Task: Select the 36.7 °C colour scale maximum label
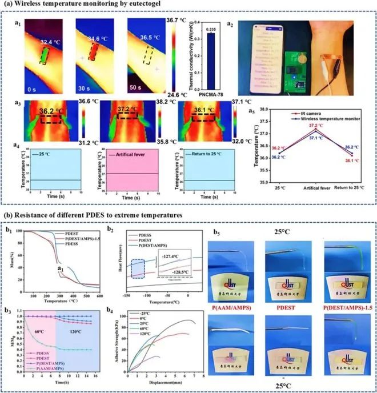[x=179, y=20]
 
